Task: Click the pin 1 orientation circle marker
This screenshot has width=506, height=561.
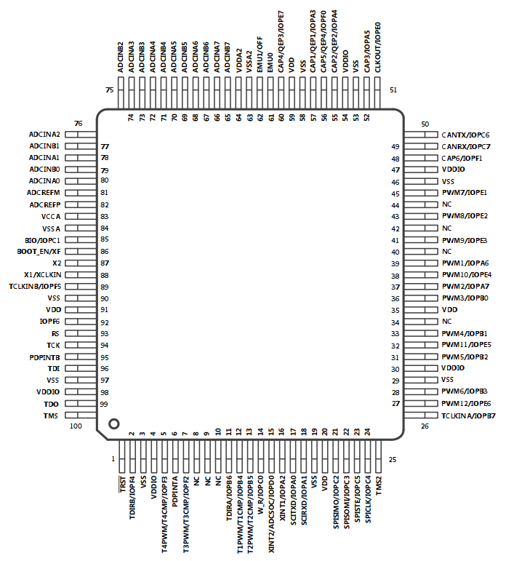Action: (113, 423)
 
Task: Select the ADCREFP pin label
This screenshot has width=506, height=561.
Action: (45, 205)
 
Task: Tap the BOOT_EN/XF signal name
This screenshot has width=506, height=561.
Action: (39, 252)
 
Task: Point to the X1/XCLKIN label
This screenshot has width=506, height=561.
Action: (43, 275)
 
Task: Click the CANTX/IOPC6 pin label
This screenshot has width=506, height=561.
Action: (465, 135)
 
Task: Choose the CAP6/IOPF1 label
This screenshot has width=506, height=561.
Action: (462, 158)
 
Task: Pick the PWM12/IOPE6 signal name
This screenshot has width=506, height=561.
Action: (466, 404)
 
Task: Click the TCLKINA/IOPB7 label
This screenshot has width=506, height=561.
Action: (468, 415)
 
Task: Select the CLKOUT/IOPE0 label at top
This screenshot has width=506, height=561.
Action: (377, 47)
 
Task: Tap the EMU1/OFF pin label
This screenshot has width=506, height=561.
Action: (260, 55)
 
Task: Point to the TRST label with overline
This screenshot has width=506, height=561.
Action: (122, 484)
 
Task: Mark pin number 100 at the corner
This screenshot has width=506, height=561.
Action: (76, 426)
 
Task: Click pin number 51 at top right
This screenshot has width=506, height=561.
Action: (393, 89)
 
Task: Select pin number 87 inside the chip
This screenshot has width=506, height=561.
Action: (105, 263)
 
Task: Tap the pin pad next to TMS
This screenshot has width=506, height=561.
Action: (81, 415)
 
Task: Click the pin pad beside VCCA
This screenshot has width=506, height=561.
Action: (81, 216)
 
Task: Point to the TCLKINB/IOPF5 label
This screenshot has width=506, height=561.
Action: (35, 287)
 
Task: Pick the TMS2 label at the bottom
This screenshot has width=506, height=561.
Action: (378, 486)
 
